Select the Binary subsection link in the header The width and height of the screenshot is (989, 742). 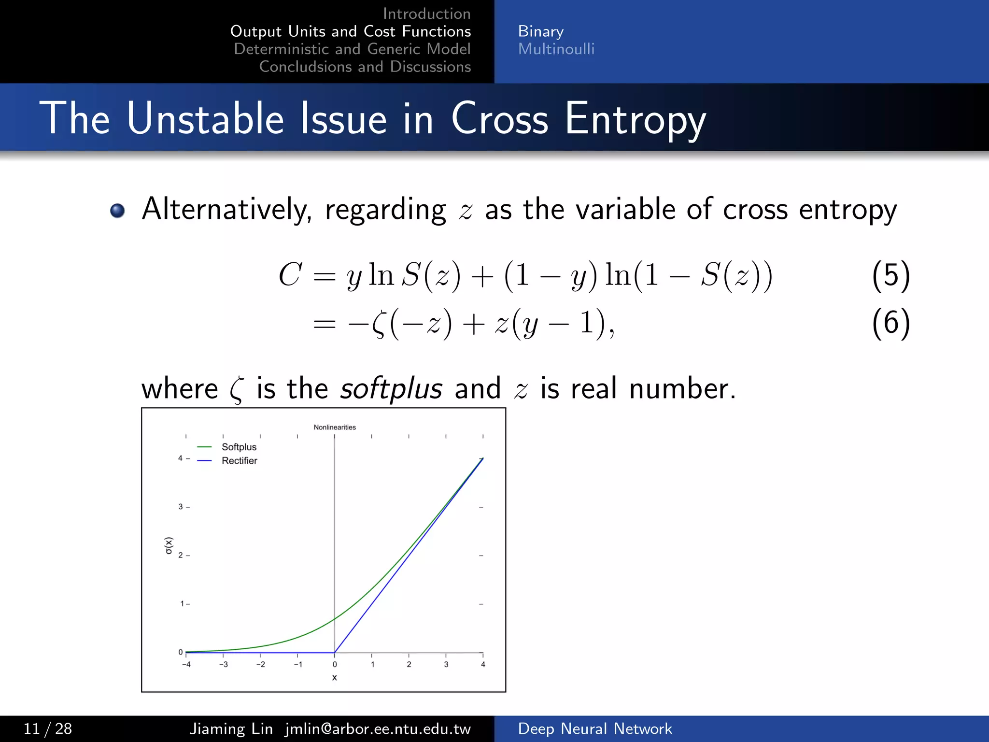pos(540,31)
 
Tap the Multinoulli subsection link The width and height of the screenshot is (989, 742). pos(556,49)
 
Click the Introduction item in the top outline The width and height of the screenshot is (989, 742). pos(426,14)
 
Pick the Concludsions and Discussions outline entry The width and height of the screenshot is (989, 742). pos(365,67)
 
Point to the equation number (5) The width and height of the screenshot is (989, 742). pos(890,275)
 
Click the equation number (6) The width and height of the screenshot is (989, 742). pos(890,323)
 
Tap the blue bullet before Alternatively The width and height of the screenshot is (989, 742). pos(117,211)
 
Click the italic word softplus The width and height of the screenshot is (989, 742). pos(391,388)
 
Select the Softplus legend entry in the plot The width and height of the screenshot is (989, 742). pos(239,447)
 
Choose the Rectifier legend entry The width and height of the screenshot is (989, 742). pos(239,461)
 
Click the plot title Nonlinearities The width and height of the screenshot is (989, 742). pos(335,427)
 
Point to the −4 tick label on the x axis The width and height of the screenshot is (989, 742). pos(186,665)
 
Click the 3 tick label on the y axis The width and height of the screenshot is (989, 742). pos(181,507)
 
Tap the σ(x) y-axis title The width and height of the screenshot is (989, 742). pos(169,545)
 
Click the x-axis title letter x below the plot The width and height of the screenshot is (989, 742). pos(334,678)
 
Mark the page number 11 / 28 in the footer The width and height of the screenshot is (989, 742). pos(48,728)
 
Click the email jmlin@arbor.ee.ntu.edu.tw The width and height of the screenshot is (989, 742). pos(378,728)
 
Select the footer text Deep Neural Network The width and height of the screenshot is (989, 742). pos(594,728)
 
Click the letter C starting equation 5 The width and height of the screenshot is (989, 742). pos(290,274)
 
